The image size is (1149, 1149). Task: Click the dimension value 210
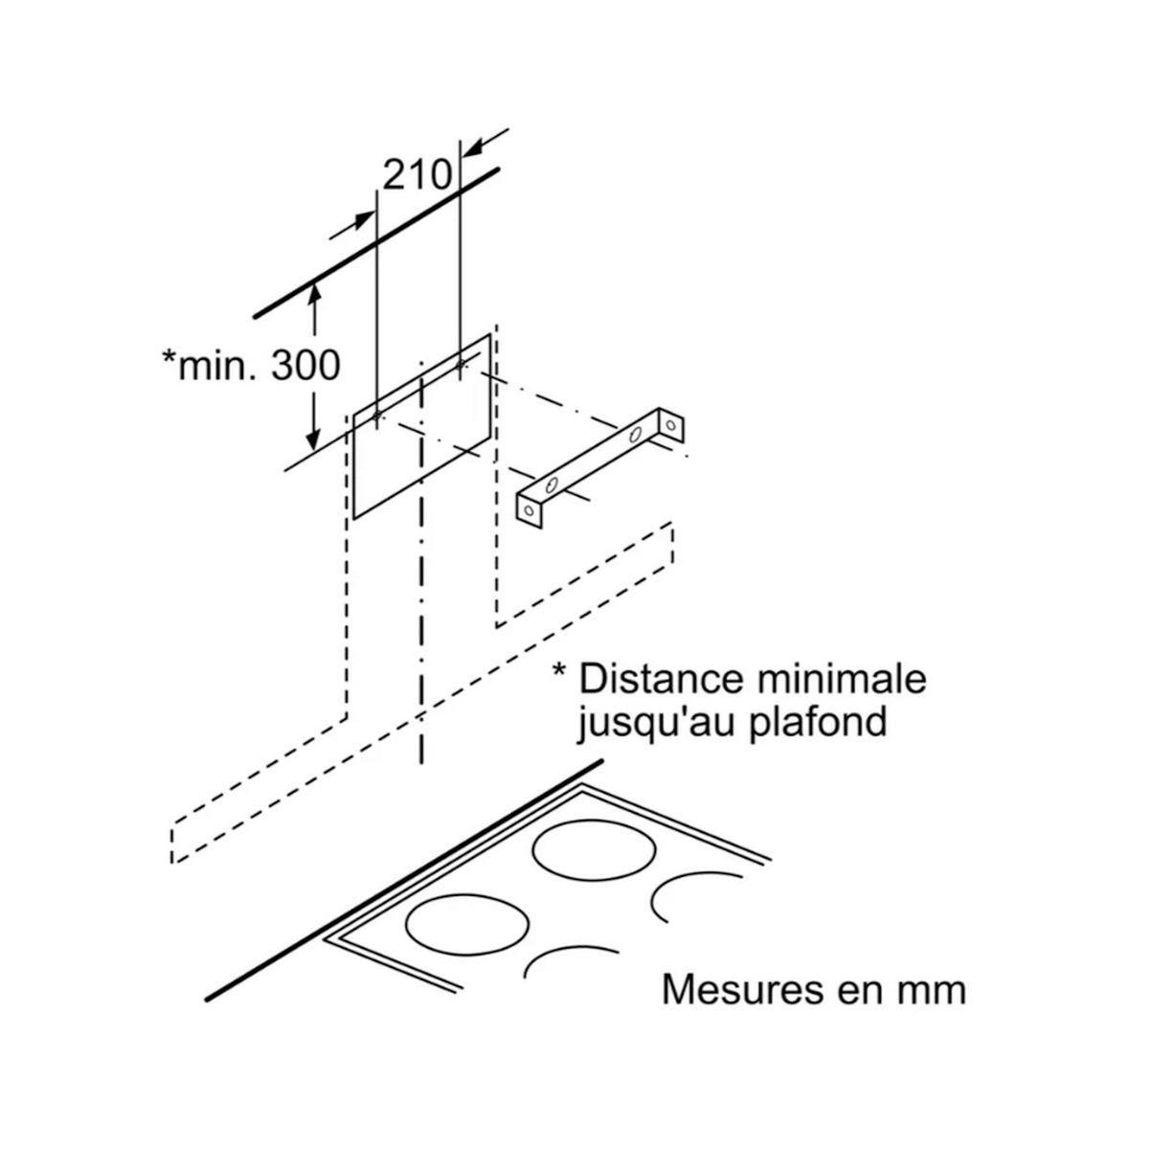click(x=417, y=174)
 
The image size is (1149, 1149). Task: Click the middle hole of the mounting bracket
click(x=635, y=435)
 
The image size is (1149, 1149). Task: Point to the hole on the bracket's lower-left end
click(x=529, y=510)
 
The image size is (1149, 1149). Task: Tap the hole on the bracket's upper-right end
click(x=671, y=422)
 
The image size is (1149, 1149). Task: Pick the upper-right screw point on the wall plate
click(x=462, y=364)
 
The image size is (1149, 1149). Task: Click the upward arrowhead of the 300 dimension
click(x=313, y=296)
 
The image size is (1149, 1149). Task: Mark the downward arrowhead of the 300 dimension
click(x=313, y=439)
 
